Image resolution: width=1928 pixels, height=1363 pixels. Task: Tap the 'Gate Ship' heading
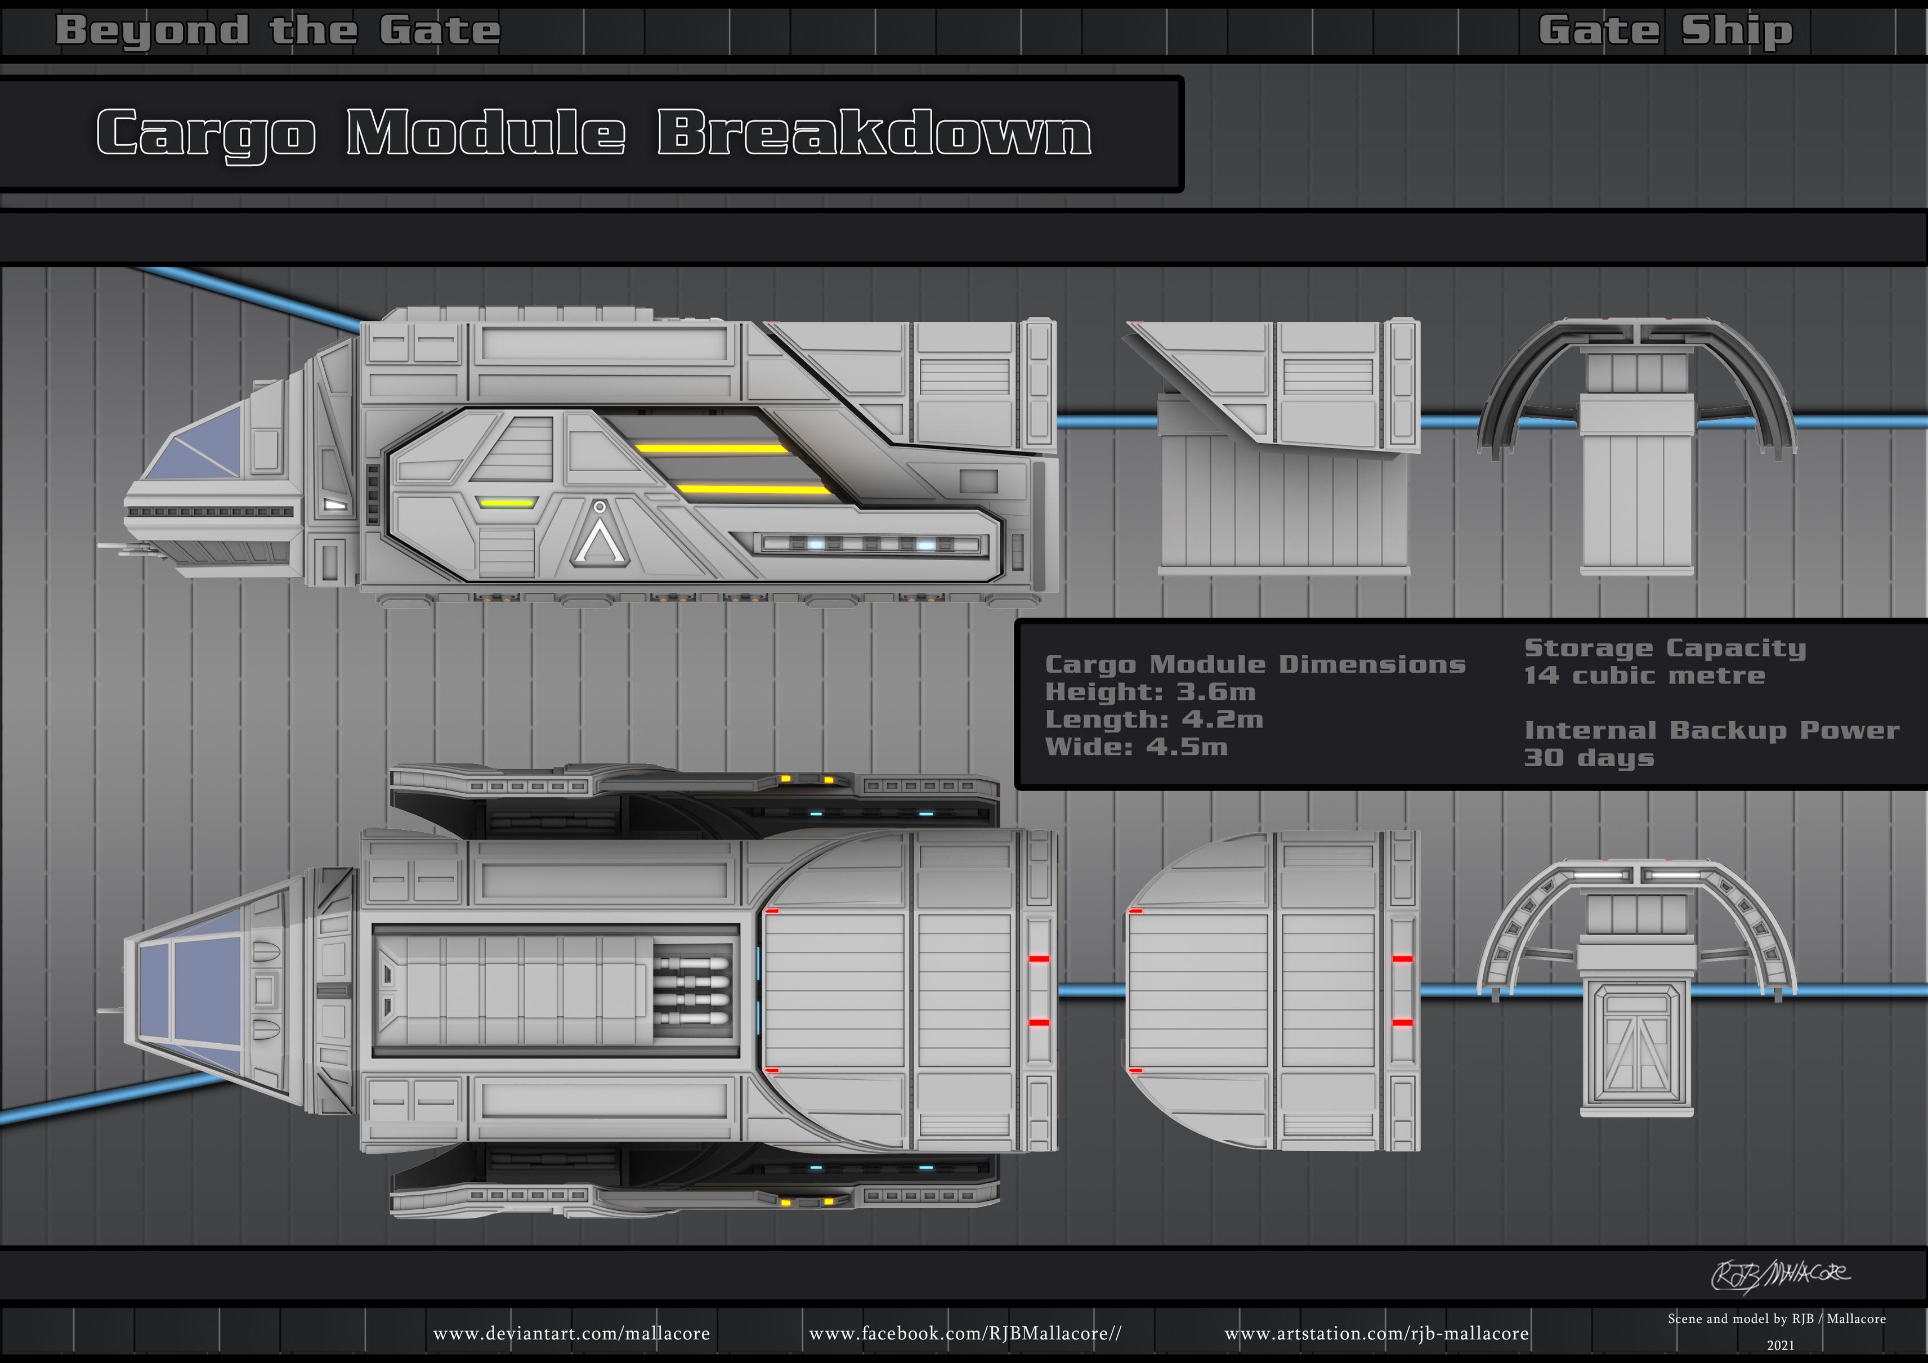[1665, 31]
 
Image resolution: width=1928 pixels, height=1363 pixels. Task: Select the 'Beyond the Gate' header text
[278, 31]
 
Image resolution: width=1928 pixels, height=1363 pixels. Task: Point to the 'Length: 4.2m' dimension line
[1154, 720]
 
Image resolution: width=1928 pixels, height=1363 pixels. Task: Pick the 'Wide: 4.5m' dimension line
[1136, 747]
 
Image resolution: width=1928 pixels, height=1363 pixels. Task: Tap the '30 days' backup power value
[1589, 758]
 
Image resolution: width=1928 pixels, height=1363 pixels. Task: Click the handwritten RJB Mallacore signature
[1780, 1275]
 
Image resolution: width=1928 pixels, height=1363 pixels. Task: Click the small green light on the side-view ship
[507, 503]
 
